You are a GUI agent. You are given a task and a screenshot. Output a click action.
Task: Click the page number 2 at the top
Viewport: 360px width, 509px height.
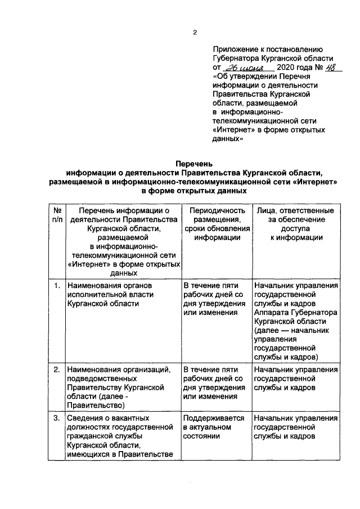coord(194,32)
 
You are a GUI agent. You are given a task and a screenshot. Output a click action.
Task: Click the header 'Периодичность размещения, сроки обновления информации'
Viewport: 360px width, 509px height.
coord(217,224)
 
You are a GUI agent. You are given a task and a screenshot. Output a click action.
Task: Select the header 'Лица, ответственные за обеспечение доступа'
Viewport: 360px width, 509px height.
coord(296,224)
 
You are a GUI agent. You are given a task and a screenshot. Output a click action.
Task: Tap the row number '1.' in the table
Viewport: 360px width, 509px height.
coord(56,286)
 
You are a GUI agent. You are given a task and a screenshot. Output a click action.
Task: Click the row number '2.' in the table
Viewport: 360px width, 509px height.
coord(56,370)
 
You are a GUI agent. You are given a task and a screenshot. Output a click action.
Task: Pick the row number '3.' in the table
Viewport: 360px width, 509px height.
coord(56,418)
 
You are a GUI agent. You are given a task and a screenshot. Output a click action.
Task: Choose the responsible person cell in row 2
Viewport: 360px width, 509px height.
coord(296,379)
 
